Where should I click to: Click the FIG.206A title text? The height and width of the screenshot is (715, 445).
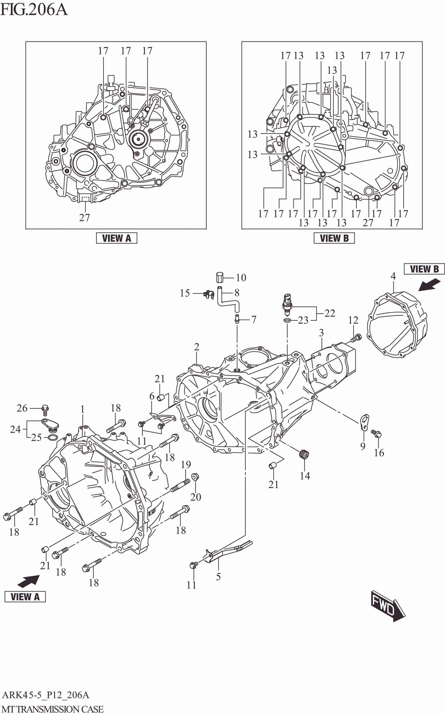point(34,10)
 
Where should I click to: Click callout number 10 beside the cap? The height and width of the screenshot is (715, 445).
point(241,277)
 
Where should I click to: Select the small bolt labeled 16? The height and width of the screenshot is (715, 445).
point(376,433)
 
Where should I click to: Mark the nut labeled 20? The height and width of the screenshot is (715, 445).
point(194,476)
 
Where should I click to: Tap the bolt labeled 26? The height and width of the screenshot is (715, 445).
point(45,408)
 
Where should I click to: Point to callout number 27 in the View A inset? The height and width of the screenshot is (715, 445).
point(84,218)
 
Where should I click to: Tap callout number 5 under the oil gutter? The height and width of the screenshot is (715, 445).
point(218,577)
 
